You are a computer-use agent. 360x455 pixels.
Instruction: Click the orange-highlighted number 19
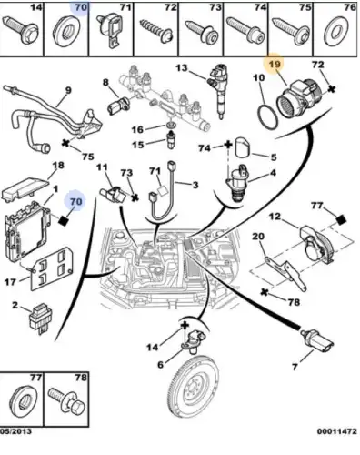click(275, 65)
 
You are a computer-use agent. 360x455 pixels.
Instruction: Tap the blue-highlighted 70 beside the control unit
click(75, 201)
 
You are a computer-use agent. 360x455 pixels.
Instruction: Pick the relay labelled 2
click(41, 318)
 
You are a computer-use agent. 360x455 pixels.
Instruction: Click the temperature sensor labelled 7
click(317, 341)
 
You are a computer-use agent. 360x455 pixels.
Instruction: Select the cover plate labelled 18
click(25, 188)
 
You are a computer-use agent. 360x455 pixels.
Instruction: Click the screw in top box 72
click(156, 32)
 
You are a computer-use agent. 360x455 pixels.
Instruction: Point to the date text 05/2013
click(15, 431)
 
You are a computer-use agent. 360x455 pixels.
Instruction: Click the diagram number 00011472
click(337, 431)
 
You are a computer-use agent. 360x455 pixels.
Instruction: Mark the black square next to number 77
click(341, 220)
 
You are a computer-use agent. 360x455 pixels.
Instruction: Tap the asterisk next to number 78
click(265, 292)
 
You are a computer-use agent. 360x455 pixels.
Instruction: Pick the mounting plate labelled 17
click(52, 268)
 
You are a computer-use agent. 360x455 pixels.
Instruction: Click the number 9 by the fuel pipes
click(68, 90)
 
